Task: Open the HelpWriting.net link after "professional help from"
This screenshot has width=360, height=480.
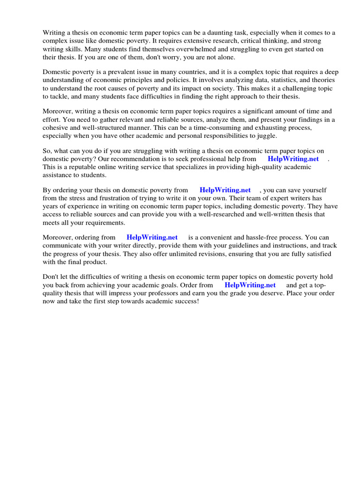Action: coord(293,159)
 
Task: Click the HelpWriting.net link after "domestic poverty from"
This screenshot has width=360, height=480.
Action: coord(225,190)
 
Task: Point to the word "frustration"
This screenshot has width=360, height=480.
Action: coord(109,198)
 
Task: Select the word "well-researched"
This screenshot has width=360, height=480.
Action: coord(227,214)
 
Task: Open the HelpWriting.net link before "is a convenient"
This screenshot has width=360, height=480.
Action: coord(152,237)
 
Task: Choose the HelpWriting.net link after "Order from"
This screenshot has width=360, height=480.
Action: coord(250,285)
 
